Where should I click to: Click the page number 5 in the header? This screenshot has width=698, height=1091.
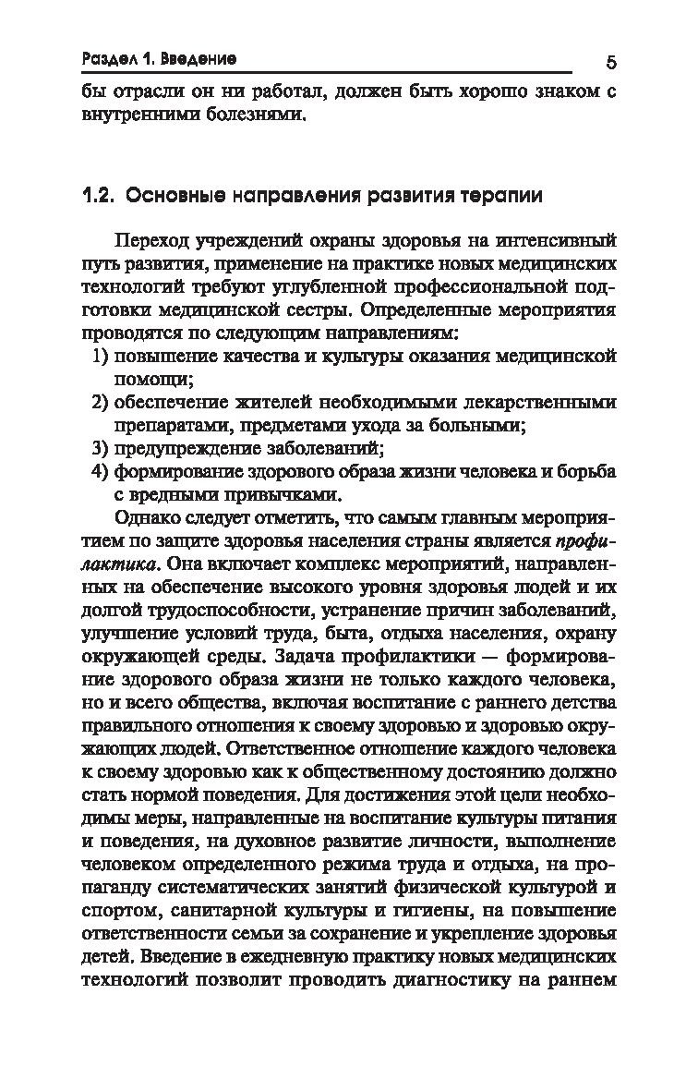[x=611, y=63]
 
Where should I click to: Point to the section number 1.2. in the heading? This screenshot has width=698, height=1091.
[x=97, y=196]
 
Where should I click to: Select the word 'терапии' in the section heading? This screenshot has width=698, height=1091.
[x=498, y=196]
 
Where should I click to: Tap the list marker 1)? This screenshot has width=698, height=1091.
[x=102, y=356]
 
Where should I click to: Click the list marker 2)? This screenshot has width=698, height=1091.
[x=102, y=403]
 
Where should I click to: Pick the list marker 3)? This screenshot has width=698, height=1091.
[x=102, y=450]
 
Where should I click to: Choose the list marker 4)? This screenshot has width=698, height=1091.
[x=102, y=473]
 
